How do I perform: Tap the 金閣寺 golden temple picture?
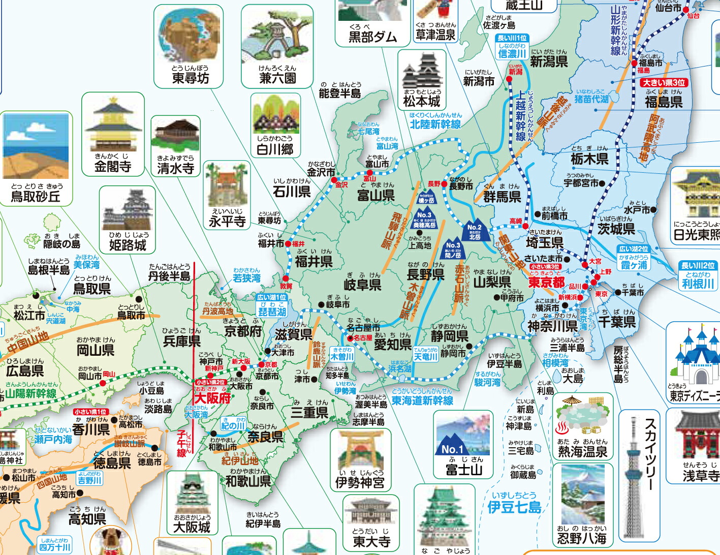(112, 125)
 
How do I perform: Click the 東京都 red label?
(546, 283)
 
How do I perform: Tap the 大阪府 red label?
(212, 398)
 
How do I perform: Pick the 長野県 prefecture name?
(426, 275)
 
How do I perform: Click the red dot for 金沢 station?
(334, 180)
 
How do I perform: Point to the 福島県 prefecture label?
(663, 102)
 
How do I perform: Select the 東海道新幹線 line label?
(422, 400)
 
